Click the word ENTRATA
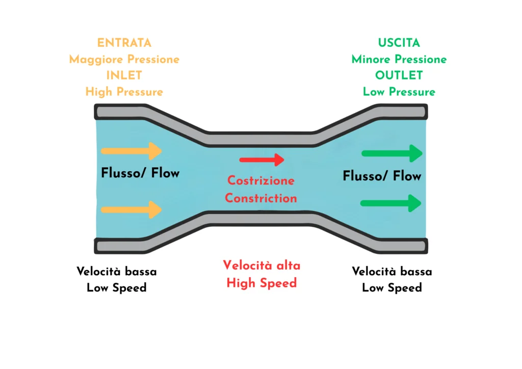[x=124, y=43]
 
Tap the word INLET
[x=124, y=75]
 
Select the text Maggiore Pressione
[x=124, y=59]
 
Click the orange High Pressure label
[x=124, y=92]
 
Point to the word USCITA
[x=399, y=43]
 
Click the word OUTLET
[x=399, y=75]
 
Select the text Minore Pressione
[x=399, y=59]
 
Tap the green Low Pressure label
[x=399, y=92]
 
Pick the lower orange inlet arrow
[x=132, y=209]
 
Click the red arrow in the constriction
[x=262, y=160]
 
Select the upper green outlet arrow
[x=391, y=153]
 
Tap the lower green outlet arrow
[x=391, y=203]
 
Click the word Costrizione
[x=261, y=180]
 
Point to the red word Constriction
[x=261, y=198]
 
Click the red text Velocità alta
[x=262, y=266]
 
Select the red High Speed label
[x=262, y=283]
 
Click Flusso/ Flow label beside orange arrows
[x=140, y=173]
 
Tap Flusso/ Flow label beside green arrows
[x=382, y=176]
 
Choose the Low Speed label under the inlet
[x=117, y=288]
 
